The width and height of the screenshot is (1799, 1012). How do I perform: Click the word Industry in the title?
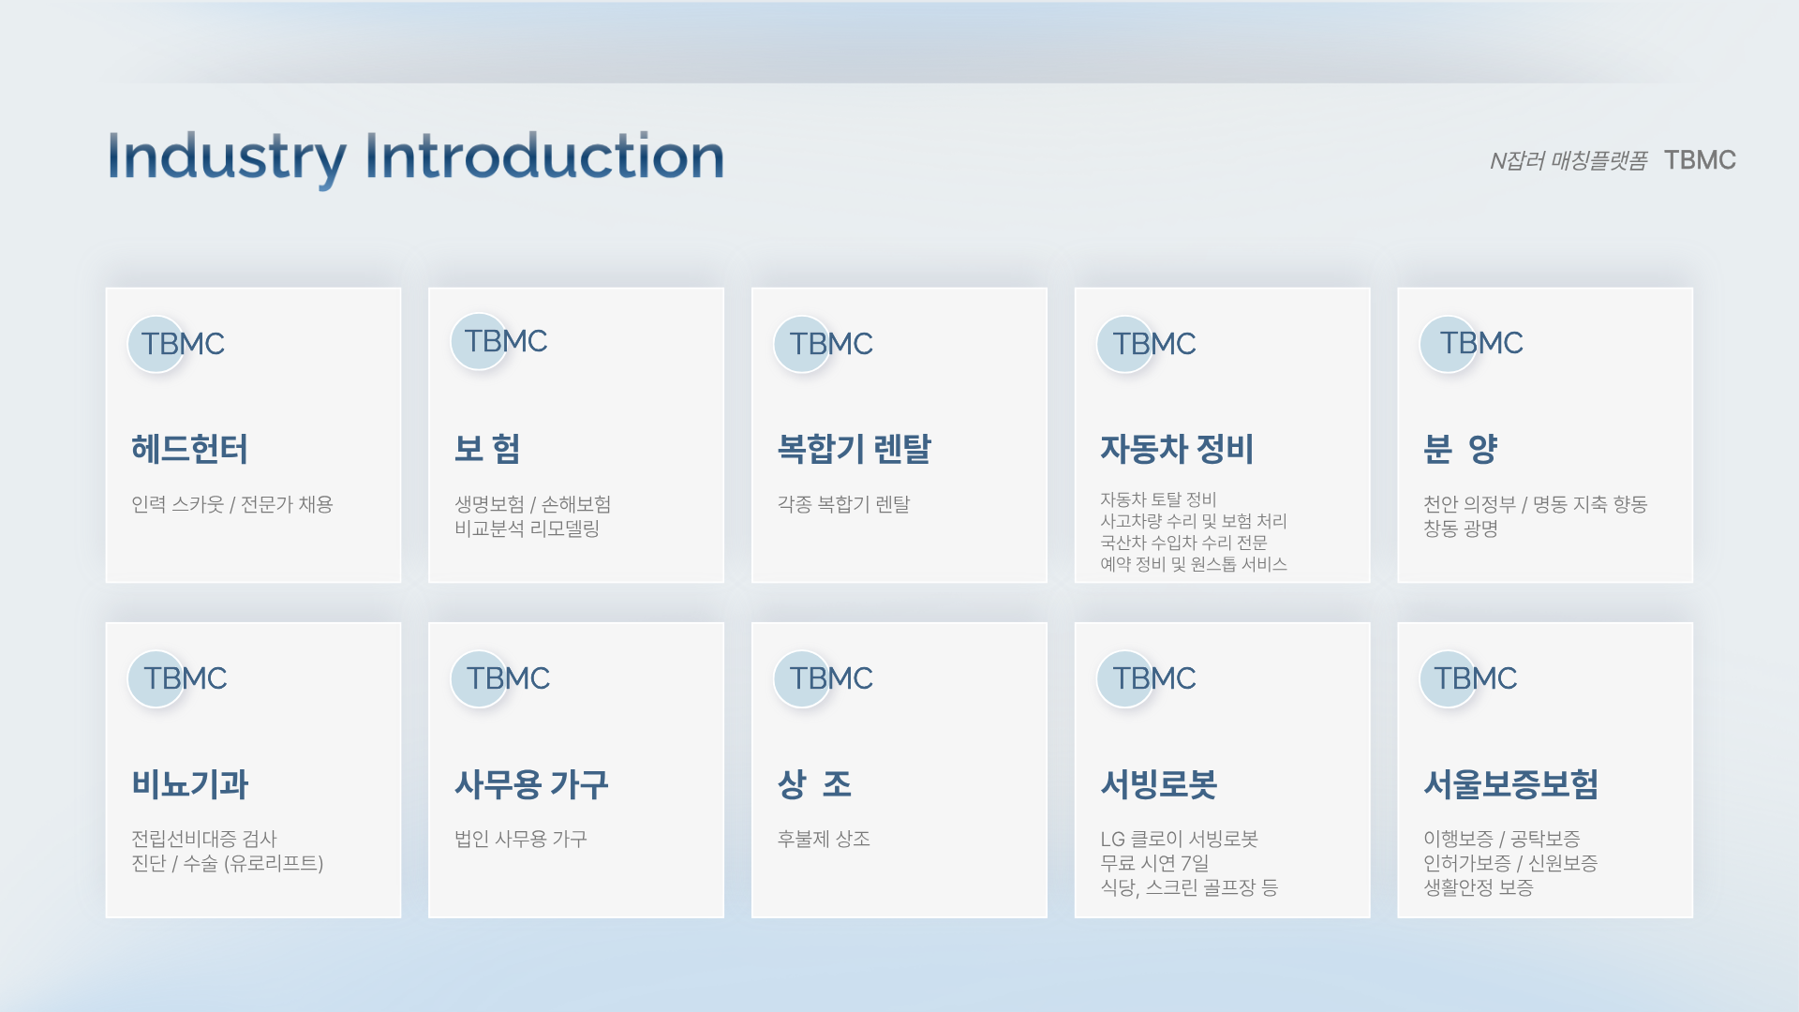(x=227, y=157)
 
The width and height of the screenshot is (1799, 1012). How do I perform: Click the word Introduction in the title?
(x=544, y=156)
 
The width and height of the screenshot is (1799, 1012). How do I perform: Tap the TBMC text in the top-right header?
(x=1700, y=160)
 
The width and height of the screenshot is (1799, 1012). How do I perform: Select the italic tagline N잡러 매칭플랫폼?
(x=1569, y=161)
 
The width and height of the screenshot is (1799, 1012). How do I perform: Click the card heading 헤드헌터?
(x=190, y=449)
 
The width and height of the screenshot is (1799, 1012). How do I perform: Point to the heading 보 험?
(x=487, y=449)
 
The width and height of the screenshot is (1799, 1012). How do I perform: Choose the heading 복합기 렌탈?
(x=855, y=449)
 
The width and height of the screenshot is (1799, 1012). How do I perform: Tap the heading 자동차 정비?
(x=1177, y=449)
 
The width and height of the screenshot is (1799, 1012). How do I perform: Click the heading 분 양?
(x=1461, y=449)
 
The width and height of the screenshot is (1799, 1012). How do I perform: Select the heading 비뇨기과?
(x=190, y=784)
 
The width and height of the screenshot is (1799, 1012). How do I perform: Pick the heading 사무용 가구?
(x=531, y=784)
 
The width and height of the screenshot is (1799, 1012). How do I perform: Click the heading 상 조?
(x=814, y=784)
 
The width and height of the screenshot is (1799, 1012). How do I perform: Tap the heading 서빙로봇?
(x=1159, y=784)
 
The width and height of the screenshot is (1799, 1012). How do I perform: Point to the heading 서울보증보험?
(x=1510, y=784)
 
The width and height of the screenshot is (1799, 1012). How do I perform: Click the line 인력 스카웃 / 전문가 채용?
(x=232, y=504)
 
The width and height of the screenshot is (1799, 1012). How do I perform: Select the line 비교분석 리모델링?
(x=527, y=528)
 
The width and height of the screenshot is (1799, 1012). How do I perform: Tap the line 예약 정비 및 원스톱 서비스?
(x=1194, y=564)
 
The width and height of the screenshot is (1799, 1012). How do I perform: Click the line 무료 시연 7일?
(x=1154, y=863)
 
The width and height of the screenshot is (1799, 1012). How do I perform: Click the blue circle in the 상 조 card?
(x=802, y=679)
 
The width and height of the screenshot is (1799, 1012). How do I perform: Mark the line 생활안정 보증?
(x=1479, y=887)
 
